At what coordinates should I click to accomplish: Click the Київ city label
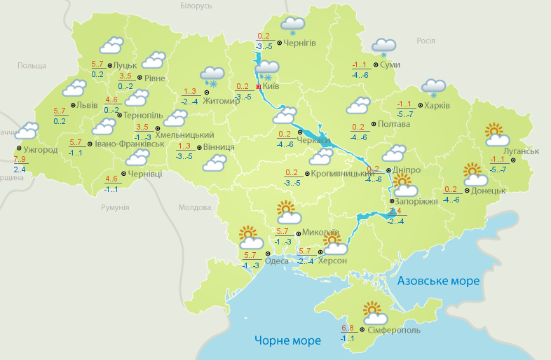point(271,86)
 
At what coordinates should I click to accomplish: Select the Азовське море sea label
point(439,281)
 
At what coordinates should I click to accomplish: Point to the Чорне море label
point(287,340)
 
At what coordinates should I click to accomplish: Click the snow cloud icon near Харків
point(433,88)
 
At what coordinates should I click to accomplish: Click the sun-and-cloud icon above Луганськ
point(495,134)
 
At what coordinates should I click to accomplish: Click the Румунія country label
point(115,208)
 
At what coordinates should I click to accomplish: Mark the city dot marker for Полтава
point(373,124)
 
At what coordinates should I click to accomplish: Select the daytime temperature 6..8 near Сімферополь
point(348,328)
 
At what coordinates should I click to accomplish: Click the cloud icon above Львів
point(74,89)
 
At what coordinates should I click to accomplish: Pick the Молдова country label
point(194,208)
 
